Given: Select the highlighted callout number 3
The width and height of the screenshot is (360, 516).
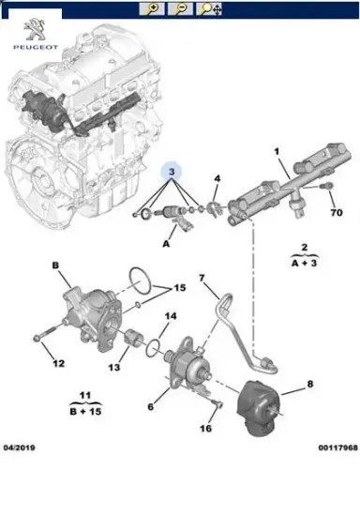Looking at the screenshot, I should (x=172, y=172).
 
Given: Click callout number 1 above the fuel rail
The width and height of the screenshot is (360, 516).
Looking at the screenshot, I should (x=277, y=152).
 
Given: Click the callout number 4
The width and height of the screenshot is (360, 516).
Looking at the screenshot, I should (x=217, y=178).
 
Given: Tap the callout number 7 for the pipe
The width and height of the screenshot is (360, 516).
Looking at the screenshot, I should (x=201, y=279).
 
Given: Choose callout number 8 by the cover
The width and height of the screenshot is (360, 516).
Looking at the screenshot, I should (x=311, y=385).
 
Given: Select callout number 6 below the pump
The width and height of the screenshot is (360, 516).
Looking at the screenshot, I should (x=150, y=405).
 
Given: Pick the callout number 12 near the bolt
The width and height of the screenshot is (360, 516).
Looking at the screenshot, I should (x=57, y=363).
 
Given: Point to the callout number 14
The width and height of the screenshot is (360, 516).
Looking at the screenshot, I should (x=170, y=316).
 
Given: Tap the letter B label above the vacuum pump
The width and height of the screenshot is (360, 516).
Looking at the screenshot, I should (x=55, y=266).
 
